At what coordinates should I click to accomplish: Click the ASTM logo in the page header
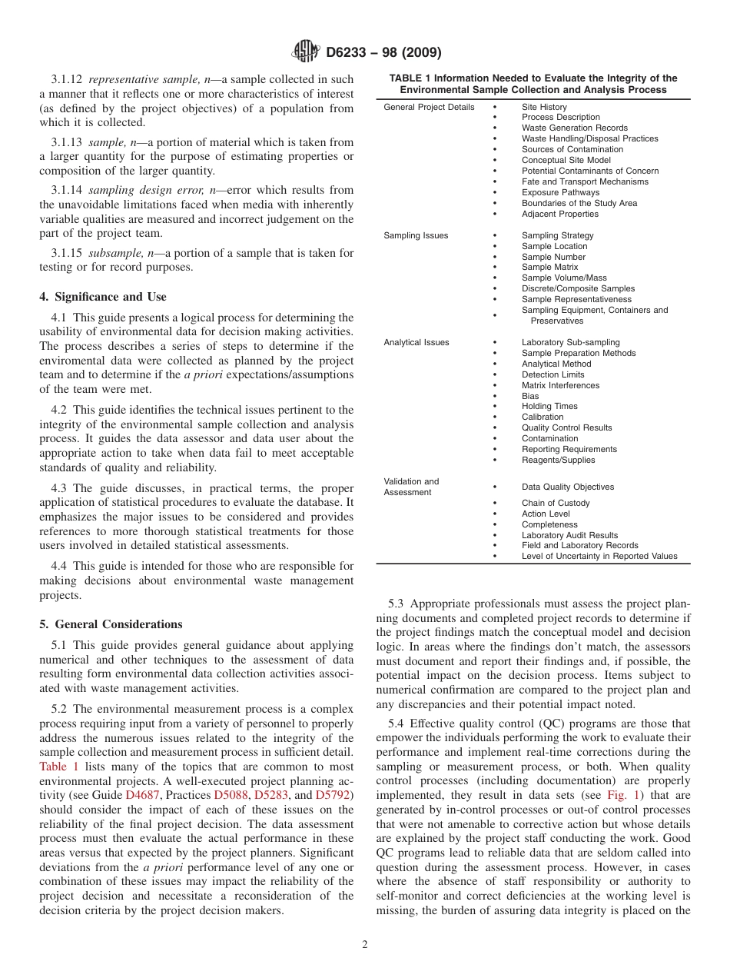pos(306,52)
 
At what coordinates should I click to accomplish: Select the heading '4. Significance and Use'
pos(103,297)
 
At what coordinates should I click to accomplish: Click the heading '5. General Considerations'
pos(111,624)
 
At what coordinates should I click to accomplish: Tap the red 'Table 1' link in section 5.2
pos(58,767)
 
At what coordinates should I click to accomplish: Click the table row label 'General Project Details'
pos(429,107)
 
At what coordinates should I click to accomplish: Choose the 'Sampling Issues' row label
pos(416,235)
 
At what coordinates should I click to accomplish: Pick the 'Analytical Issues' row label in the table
pos(416,342)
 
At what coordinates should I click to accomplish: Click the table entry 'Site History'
pos(544,107)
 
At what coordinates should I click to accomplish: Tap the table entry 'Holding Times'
pos(549,406)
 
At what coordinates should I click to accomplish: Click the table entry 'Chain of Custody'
pos(556,503)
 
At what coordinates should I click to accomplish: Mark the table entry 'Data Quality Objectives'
pos(568,487)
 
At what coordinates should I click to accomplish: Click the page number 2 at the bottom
pos(365,945)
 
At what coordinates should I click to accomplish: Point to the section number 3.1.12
pos(67,79)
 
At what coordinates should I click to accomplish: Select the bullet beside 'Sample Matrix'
pos(495,268)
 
